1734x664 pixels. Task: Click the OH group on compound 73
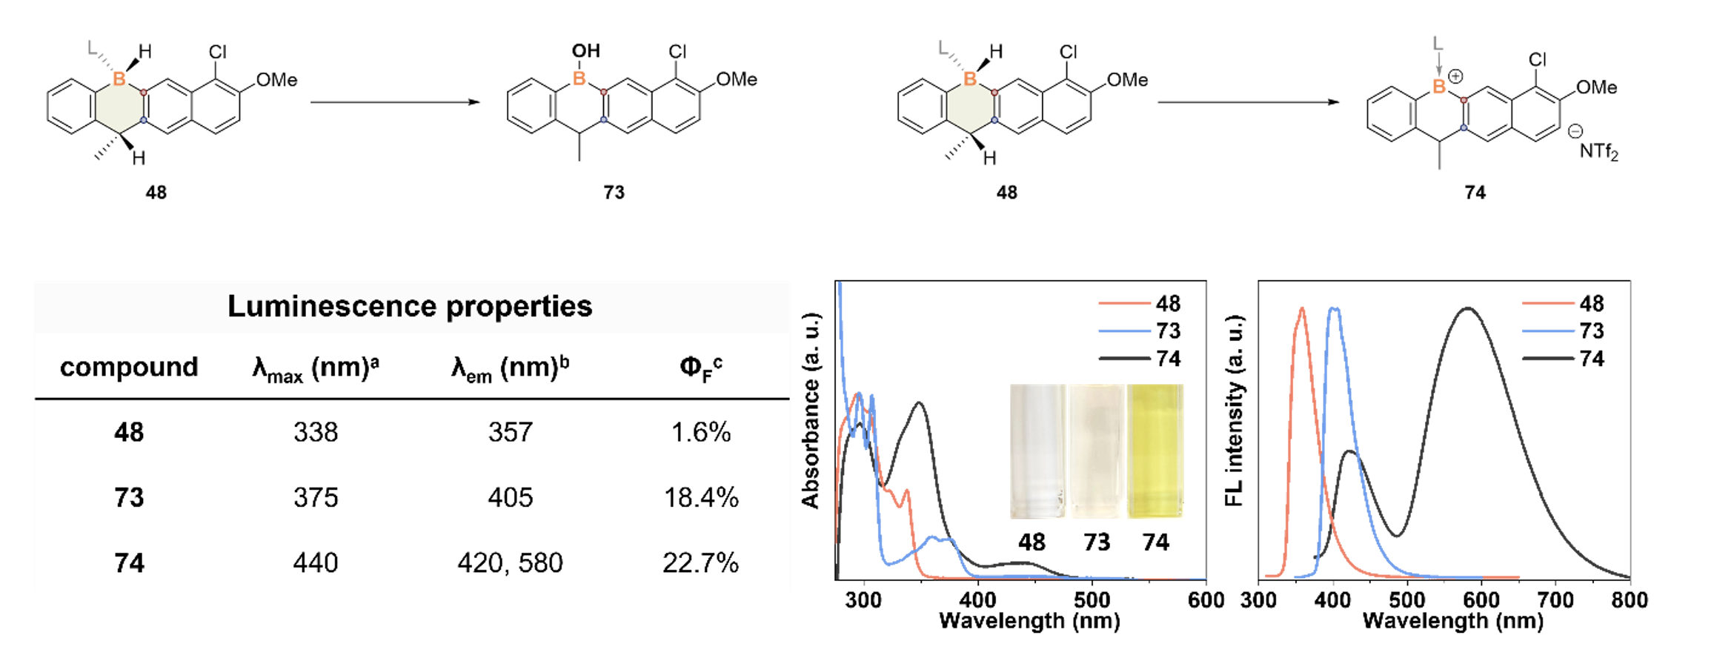click(x=585, y=51)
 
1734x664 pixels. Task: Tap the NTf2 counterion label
click(x=1598, y=152)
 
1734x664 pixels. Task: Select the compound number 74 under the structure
click(x=1475, y=193)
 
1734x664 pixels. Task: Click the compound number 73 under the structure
click(x=614, y=193)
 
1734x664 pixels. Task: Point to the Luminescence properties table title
click(x=409, y=306)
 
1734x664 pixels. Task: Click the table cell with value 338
click(x=316, y=432)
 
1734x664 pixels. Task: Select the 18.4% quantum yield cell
click(x=700, y=497)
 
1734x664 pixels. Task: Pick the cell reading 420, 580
click(x=510, y=563)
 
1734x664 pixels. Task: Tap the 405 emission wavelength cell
click(x=510, y=497)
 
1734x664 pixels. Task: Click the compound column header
click(x=129, y=367)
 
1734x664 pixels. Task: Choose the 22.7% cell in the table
click(x=700, y=563)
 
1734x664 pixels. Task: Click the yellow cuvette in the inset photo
click(x=1155, y=451)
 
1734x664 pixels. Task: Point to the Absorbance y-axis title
click(x=811, y=411)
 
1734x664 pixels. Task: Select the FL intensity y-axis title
click(x=1234, y=411)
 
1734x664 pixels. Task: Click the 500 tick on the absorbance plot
click(x=1092, y=600)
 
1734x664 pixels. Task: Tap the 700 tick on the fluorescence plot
click(x=1555, y=600)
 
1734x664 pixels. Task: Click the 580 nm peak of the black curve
click(x=1467, y=308)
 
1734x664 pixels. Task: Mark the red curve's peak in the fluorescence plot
click(x=1302, y=308)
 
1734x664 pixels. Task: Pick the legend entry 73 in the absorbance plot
click(x=1167, y=331)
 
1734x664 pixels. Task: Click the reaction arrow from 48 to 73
click(x=395, y=102)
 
